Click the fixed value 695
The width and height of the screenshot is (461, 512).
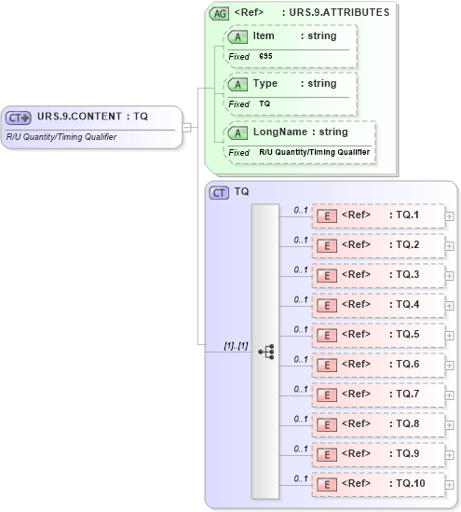[265, 56]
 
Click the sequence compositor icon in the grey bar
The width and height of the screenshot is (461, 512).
[265, 352]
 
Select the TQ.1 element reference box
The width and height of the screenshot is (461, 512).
[377, 215]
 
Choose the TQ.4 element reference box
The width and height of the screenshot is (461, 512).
[377, 305]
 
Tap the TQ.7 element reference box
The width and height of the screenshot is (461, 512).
[377, 394]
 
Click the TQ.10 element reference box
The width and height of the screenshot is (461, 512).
[377, 483]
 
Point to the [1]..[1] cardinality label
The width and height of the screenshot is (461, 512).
[235, 346]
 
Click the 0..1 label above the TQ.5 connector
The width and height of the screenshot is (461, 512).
[301, 329]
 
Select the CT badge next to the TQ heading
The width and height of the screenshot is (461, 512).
[220, 192]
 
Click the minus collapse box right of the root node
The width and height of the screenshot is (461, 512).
[187, 127]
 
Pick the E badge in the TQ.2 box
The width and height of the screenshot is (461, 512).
[327, 245]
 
